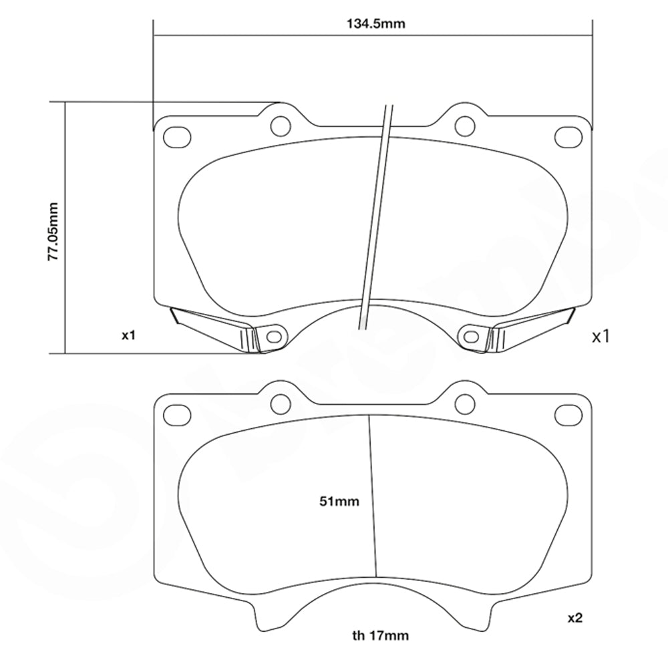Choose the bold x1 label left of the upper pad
[x=129, y=335]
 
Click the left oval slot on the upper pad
[x=177, y=137]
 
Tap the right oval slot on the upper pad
[x=568, y=137]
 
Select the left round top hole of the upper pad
[x=281, y=125]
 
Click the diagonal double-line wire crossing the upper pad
[x=376, y=214]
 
